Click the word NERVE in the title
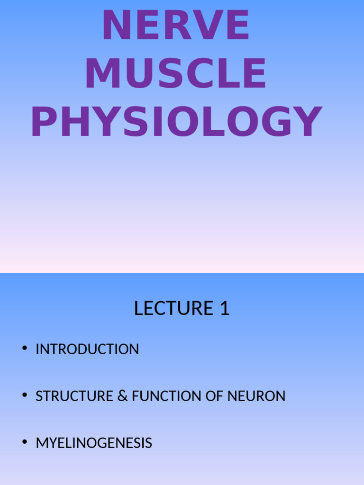point(176,26)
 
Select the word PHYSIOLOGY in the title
point(176,122)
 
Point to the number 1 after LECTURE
point(224,308)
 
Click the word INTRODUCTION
point(87,350)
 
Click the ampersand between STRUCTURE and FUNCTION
point(123,396)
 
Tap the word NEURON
point(256,396)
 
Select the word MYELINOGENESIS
point(94,443)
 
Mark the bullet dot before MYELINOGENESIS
point(24,442)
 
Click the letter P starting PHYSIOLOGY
point(43,122)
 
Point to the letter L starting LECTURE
point(138,308)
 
